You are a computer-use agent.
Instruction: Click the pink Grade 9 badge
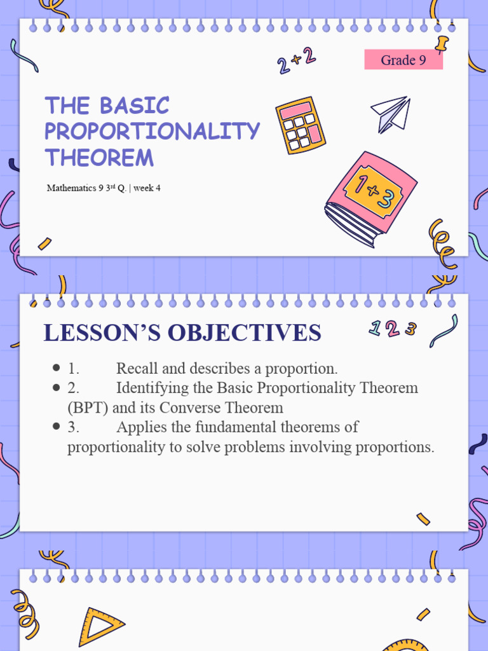pos(403,60)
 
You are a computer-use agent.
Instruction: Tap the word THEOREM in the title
pos(99,157)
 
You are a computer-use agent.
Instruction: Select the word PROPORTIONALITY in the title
pos(152,131)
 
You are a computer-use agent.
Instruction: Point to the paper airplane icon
pos(389,113)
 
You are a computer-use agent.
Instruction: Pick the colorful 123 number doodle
pos(393,329)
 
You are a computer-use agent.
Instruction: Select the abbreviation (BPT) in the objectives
pos(88,408)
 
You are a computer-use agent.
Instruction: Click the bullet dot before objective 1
pos(57,369)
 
